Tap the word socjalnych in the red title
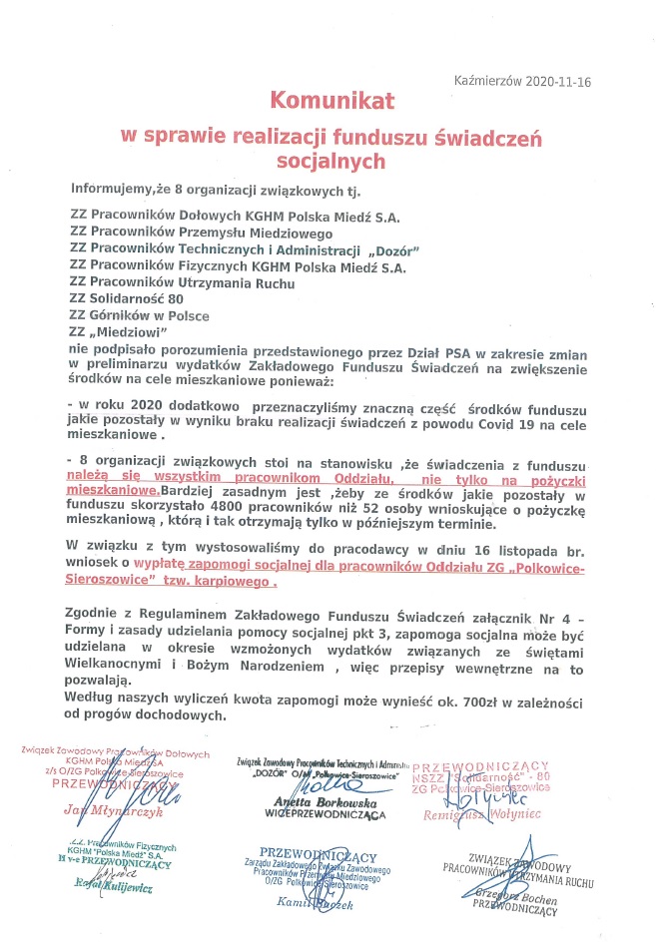(x=330, y=159)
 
